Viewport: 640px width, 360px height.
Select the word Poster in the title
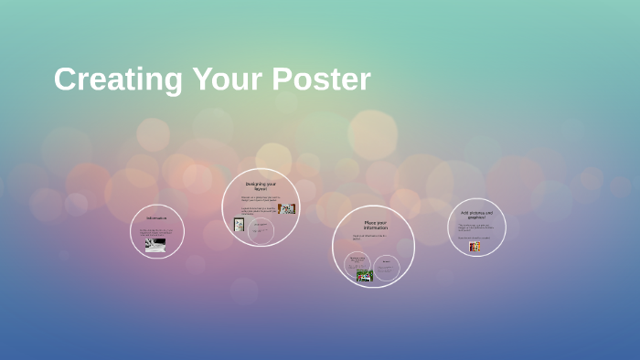(320, 79)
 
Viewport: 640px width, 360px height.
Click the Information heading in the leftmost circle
(157, 218)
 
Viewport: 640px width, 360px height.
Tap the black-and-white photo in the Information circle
(156, 244)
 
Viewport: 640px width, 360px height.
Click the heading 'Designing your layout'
(261, 185)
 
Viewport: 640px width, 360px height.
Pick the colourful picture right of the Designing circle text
(288, 209)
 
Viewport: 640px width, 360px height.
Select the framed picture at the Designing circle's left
(240, 224)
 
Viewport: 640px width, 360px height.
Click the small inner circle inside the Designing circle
(261, 231)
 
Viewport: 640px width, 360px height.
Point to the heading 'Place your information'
(375, 225)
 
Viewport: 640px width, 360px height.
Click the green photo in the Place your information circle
(365, 276)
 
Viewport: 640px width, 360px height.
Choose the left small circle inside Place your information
(357, 265)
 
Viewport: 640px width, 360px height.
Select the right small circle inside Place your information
(387, 267)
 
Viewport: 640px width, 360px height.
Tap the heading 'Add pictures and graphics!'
(477, 216)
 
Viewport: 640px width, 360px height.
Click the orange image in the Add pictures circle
(475, 247)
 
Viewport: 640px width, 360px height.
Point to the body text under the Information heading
(156, 232)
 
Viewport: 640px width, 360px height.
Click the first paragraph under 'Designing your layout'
(259, 198)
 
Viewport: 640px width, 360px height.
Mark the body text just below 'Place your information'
(370, 238)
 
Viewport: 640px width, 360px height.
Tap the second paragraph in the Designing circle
(256, 211)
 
